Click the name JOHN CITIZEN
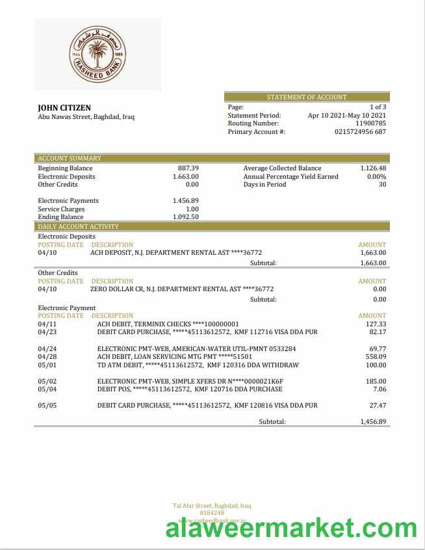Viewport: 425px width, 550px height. tap(64, 108)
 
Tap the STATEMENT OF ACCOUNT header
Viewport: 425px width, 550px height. tap(307, 98)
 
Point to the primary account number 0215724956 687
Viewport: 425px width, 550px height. tap(360, 131)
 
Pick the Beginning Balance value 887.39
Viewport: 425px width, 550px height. tap(188, 168)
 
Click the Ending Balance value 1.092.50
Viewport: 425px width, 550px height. tap(186, 217)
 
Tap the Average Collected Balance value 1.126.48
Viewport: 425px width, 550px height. tap(373, 168)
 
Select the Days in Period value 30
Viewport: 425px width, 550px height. tap(382, 185)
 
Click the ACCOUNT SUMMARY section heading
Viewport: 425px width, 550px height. tap(70, 158)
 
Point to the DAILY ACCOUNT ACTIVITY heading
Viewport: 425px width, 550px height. tap(78, 226)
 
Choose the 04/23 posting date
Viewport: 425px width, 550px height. tap(47, 332)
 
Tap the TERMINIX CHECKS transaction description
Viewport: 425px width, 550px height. tap(168, 324)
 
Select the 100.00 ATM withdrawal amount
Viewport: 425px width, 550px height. tap(376, 365)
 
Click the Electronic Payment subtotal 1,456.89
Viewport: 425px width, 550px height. tap(373, 421)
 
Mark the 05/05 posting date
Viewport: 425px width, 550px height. tap(47, 405)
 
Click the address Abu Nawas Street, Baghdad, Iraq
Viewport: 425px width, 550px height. tap(86, 118)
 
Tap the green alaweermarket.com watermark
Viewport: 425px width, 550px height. tap(292, 528)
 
